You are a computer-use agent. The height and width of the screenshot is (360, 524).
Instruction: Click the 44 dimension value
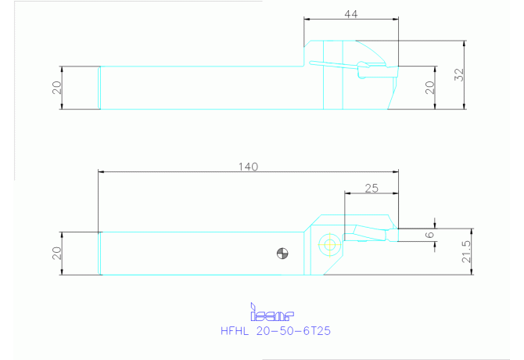(x=351, y=14)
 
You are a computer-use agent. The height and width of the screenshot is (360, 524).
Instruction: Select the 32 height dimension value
(x=460, y=74)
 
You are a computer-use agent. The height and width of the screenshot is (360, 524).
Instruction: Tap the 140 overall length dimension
(x=248, y=167)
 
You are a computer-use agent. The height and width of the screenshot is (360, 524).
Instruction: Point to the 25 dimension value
(x=371, y=189)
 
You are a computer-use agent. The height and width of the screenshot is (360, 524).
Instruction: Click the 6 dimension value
(x=429, y=235)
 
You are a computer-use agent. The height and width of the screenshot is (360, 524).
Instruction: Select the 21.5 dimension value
(x=466, y=252)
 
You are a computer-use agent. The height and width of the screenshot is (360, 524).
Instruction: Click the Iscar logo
(x=272, y=312)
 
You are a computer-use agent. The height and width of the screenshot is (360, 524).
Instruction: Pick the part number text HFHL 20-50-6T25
(x=276, y=331)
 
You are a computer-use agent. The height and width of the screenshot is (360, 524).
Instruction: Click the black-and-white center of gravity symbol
(x=282, y=254)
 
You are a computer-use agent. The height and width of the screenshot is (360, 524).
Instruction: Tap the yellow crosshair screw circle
(x=330, y=245)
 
